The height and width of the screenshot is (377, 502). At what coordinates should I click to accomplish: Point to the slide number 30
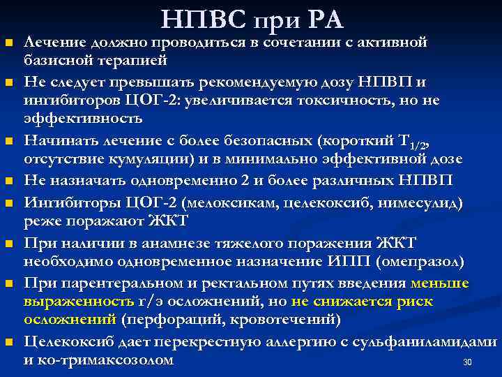[x=468, y=362]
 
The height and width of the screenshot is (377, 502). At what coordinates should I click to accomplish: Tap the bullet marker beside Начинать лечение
[x=10, y=142]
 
